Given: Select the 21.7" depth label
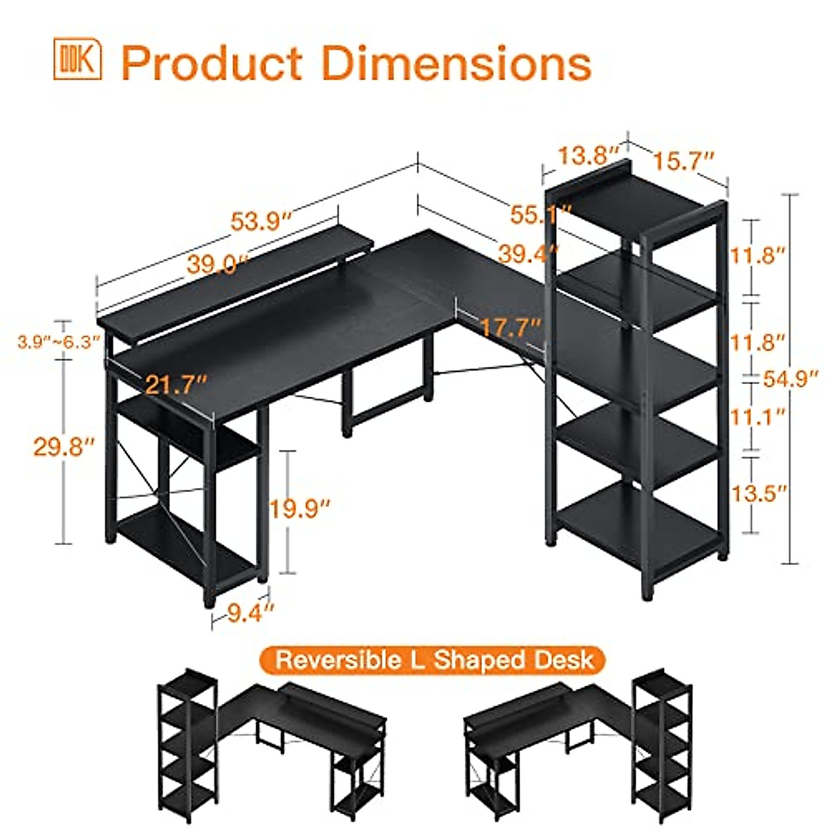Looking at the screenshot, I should (176, 384).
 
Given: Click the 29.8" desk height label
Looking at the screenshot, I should (64, 446).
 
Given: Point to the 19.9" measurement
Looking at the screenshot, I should (300, 509).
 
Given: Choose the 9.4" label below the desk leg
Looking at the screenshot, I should (247, 612).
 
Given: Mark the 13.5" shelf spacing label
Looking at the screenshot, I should (759, 493).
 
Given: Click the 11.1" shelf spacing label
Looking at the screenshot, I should (759, 416).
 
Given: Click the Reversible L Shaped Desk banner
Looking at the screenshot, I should (434, 659).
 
